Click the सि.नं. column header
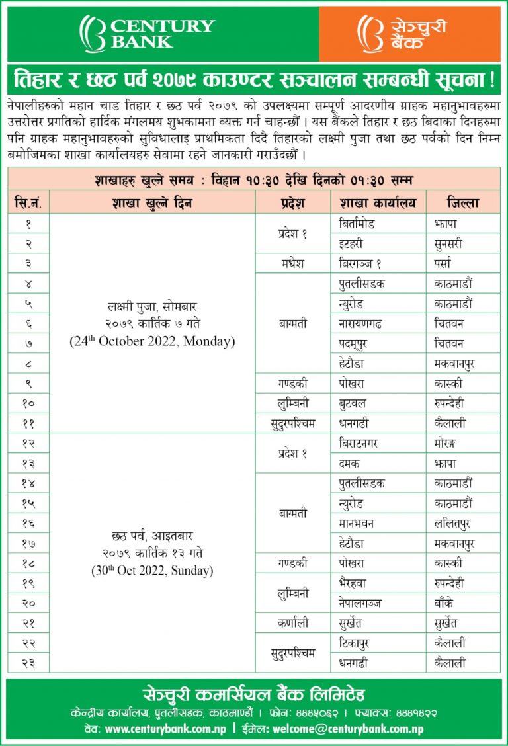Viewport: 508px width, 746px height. coord(28,203)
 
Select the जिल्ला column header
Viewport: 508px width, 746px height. coord(463,203)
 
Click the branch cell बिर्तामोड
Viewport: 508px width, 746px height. coord(357,224)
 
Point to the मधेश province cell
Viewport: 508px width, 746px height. coord(292,263)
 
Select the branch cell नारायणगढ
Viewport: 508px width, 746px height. coord(360,323)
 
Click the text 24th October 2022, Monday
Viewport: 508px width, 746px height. coord(152,342)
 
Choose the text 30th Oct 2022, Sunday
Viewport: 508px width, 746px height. coord(152,570)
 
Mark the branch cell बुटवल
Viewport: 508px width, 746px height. coord(353,403)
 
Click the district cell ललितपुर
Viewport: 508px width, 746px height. coord(454,523)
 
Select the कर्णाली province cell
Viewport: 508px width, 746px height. coord(292,623)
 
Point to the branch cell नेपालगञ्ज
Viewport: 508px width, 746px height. coord(360,603)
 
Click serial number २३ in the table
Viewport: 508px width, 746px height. coord(28,663)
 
